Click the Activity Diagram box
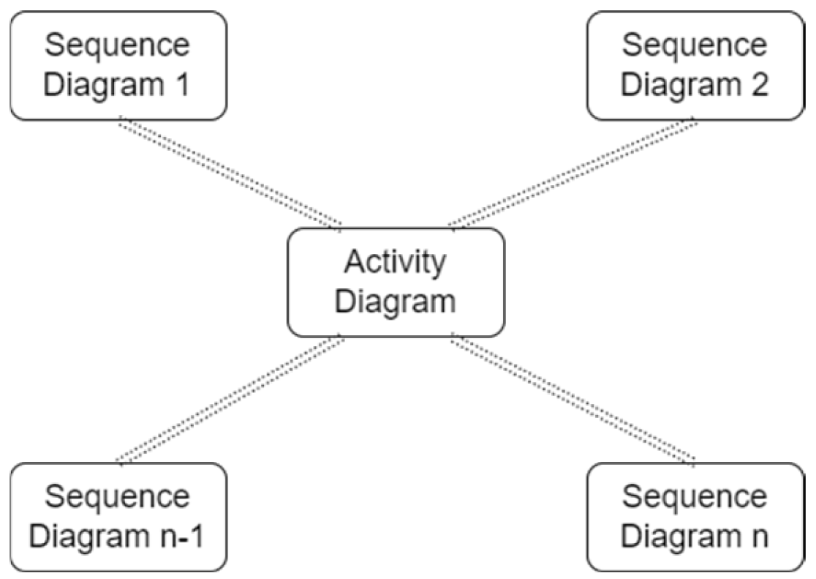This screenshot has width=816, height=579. pyautogui.click(x=396, y=282)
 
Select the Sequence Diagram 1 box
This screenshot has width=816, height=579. pyautogui.click(x=118, y=65)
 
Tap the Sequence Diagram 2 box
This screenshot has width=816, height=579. pyautogui.click(x=695, y=65)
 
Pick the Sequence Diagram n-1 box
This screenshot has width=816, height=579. pyautogui.click(x=118, y=517)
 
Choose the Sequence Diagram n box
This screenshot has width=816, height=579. pyautogui.click(x=695, y=517)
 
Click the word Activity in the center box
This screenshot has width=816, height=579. pyautogui.click(x=395, y=263)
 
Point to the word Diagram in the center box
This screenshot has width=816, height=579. pyautogui.click(x=395, y=301)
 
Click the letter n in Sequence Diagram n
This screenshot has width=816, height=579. pyautogui.click(x=758, y=537)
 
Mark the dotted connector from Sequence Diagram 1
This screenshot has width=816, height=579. pyautogui.click(x=230, y=173)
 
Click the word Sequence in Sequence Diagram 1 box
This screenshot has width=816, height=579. pyautogui.click(x=118, y=45)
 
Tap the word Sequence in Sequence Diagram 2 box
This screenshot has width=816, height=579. pyautogui.click(x=695, y=45)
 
